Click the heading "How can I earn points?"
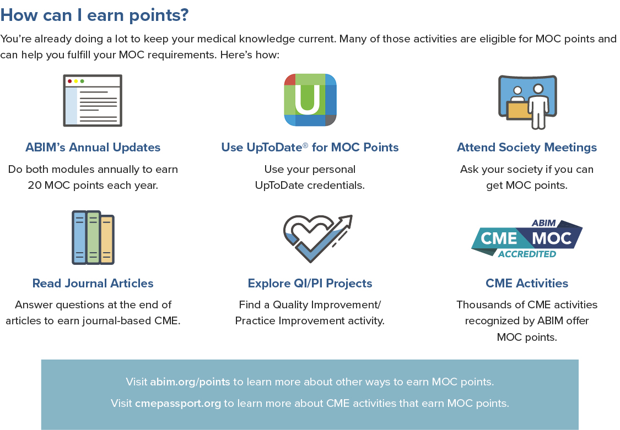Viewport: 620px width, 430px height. click(94, 15)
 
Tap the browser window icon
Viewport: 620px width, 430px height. click(93, 100)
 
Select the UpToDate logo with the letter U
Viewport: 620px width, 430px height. click(310, 100)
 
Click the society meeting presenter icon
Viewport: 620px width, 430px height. click(527, 102)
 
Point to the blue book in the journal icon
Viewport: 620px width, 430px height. click(79, 237)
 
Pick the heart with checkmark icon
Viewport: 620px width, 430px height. click(317, 238)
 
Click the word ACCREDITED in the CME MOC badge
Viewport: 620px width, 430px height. click(527, 254)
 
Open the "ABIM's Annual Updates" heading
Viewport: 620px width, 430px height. click(93, 148)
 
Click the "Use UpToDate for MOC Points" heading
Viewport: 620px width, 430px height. click(310, 148)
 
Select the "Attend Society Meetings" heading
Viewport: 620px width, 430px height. click(527, 148)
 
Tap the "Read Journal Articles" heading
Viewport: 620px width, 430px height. click(93, 283)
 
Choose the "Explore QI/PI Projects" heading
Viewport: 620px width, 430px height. click(310, 283)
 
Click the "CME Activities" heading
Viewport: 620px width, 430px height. click(527, 283)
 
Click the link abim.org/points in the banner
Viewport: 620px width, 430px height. click(190, 382)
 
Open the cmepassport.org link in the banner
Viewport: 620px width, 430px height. click(178, 403)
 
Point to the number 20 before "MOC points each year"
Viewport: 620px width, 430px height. click(34, 185)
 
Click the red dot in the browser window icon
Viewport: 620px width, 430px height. click(70, 81)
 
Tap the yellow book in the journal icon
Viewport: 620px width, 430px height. click(107, 240)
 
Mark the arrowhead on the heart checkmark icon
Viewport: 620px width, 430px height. click(347, 220)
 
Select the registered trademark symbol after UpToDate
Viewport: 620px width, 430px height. click(305, 145)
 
